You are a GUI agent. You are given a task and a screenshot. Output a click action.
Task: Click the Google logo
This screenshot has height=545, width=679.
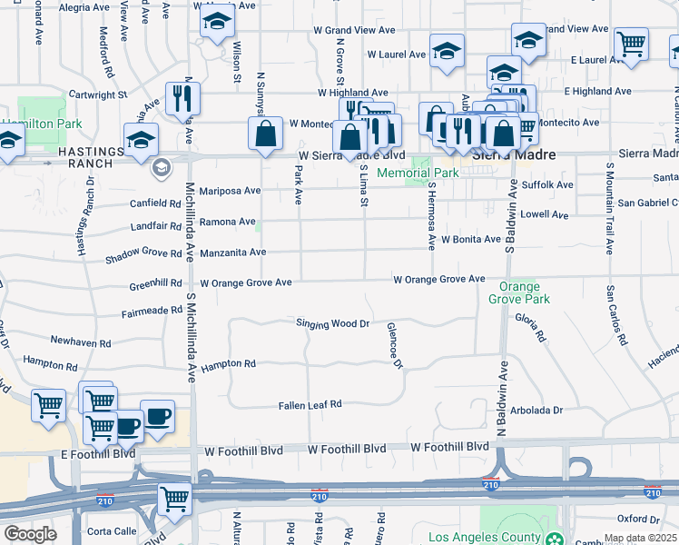coord(30,534)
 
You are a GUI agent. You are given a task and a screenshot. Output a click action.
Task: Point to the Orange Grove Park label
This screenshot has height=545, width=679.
coord(518,292)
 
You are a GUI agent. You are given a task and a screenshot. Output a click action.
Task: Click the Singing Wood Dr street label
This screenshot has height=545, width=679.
coord(332,323)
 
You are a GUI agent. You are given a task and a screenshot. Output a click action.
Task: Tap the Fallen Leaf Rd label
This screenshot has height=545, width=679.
coord(310,404)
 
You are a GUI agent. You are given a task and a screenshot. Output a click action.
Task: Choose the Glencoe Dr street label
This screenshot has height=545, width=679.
coord(394,346)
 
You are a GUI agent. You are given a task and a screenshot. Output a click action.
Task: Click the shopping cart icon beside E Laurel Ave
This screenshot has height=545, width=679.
coord(631,45)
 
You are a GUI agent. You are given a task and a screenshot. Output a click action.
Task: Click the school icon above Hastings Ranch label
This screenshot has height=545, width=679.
coord(141,141)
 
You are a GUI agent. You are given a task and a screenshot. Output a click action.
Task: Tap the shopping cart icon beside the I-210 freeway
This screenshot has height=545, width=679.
coord(173,499)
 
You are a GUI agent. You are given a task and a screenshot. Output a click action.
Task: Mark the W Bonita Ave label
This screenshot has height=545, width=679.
coord(471,239)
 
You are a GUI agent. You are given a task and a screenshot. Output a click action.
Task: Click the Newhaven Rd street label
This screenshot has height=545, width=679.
coord(80,343)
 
